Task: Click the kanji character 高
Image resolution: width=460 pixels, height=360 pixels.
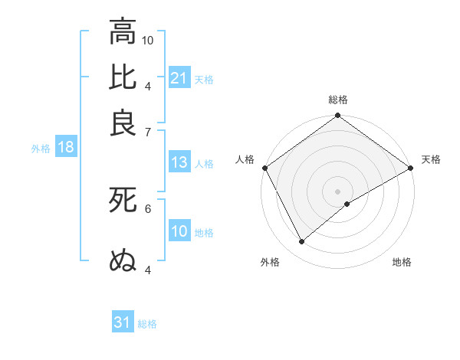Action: (123, 31)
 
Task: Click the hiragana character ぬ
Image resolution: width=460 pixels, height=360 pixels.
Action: (123, 260)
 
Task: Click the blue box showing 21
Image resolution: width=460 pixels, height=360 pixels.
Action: (179, 78)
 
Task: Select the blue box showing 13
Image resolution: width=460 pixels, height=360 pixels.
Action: (179, 162)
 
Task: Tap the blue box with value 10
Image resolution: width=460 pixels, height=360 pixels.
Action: (179, 231)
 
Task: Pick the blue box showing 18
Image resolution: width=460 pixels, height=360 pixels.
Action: (66, 148)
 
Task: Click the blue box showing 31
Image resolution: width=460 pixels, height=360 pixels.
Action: (123, 322)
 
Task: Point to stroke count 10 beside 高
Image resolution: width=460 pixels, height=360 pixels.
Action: (148, 40)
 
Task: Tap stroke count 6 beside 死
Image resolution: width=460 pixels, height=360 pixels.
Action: (148, 208)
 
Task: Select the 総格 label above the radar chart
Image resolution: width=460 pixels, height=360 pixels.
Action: (338, 100)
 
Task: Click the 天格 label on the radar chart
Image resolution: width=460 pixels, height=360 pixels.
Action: (431, 159)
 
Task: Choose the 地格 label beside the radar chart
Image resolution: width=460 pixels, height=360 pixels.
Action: (402, 262)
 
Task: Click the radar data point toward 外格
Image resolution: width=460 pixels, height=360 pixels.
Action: (302, 242)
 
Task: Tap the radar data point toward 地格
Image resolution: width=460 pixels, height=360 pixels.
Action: (347, 204)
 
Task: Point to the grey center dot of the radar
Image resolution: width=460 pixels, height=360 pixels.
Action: (338, 191)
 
